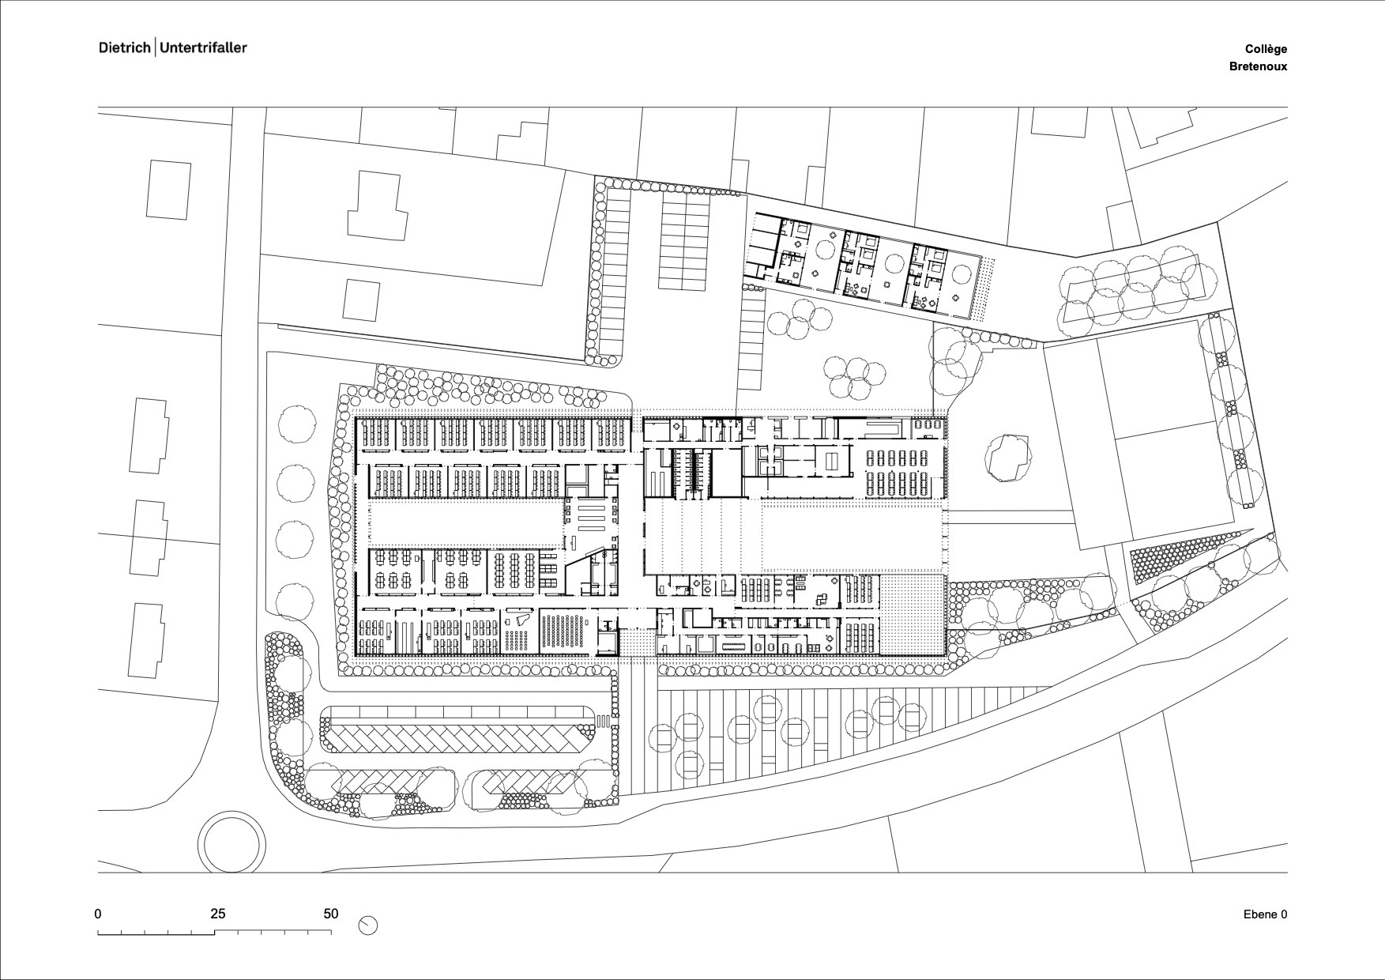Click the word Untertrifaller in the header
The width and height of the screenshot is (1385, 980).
(x=204, y=47)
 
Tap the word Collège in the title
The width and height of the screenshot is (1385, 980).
(x=1266, y=49)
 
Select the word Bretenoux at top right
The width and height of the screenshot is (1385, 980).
(x=1258, y=66)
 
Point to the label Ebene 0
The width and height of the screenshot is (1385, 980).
(x=1265, y=914)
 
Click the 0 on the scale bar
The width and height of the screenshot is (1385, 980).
(x=98, y=914)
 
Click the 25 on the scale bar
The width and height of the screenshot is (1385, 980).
(x=217, y=914)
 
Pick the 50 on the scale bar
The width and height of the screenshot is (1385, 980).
(x=331, y=914)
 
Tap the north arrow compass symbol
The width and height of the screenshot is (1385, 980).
(x=367, y=925)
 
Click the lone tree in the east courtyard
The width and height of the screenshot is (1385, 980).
(x=1008, y=457)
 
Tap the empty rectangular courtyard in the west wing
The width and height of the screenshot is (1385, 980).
(x=466, y=523)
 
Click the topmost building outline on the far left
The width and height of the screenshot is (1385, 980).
(x=168, y=190)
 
